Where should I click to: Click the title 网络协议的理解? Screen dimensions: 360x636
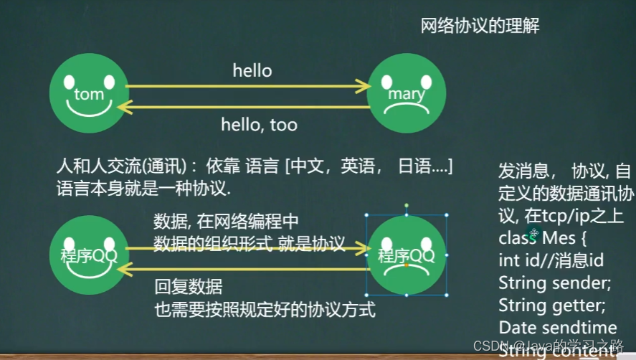click(480, 27)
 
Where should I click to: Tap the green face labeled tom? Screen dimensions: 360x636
click(88, 93)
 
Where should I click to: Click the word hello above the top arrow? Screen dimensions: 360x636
click(252, 70)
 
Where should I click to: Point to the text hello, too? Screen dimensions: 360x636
click(259, 125)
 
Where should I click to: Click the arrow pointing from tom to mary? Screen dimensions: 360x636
click(247, 87)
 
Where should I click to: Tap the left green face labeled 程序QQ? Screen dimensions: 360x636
click(88, 255)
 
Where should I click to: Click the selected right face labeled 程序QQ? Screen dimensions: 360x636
click(406, 255)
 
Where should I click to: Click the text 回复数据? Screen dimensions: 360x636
click(189, 288)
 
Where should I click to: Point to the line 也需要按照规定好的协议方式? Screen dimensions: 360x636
click(265, 310)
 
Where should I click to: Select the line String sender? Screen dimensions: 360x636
click(554, 283)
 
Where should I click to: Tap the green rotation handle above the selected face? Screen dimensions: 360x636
click(406, 205)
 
